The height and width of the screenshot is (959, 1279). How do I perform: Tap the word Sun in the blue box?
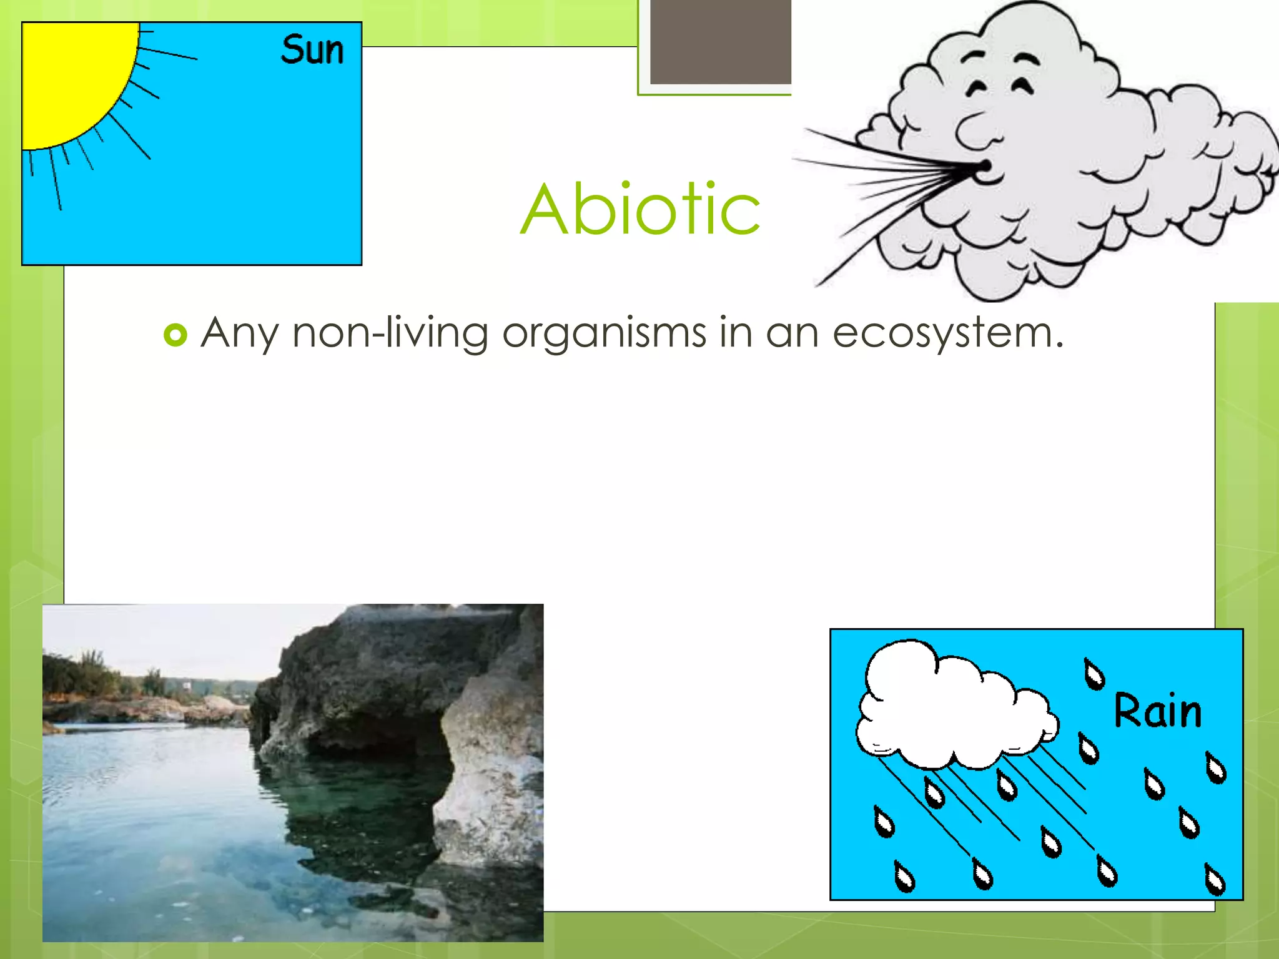312,50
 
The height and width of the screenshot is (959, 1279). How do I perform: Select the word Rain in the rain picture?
1157,711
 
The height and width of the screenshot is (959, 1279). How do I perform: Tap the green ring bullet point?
175,335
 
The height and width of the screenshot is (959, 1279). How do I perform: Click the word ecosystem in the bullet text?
947,332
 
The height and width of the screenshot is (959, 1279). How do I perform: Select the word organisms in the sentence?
604,332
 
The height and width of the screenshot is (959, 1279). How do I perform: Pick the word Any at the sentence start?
239,332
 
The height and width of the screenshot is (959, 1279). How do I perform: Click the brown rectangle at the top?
721,41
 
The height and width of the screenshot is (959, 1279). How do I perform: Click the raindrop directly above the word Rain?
1094,674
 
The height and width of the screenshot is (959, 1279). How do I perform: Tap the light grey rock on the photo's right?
493,780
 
